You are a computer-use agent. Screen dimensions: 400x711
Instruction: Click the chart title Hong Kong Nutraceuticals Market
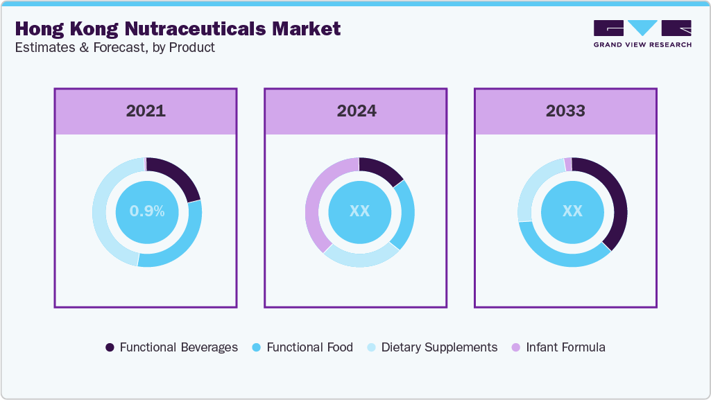coord(178,28)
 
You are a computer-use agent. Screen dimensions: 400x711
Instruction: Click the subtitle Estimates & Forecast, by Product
coord(114,48)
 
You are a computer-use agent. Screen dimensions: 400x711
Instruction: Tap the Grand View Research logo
coord(642,33)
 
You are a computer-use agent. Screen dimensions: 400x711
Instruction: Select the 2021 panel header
coord(146,111)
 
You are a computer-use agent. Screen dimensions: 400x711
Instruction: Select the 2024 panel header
coord(356,111)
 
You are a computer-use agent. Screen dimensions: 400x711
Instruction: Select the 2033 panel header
coord(565,111)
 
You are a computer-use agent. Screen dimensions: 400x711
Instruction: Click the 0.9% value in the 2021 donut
coord(147,211)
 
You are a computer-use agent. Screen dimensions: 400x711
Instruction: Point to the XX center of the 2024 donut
coord(359,211)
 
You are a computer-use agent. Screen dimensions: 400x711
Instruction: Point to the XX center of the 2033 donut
coord(572,211)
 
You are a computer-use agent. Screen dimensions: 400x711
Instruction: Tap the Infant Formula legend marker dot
coord(515,347)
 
